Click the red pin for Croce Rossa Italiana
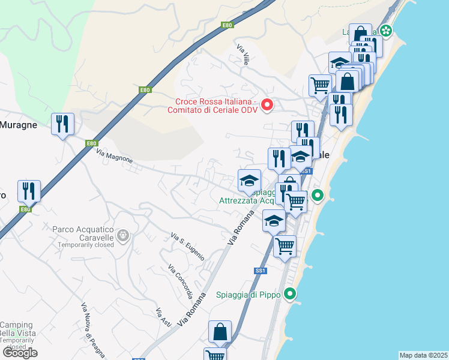tap(267, 105)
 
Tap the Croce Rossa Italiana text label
tap(217, 105)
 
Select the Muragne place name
tap(19, 125)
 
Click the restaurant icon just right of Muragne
tap(62, 124)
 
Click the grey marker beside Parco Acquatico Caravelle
tap(124, 235)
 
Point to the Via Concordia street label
tap(180, 281)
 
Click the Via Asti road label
tap(163, 317)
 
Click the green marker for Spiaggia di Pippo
tap(291, 294)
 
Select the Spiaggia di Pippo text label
tap(249, 295)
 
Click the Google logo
tap(19, 352)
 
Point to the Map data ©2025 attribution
tap(423, 355)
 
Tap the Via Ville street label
tap(243, 55)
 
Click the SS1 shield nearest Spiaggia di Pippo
tap(260, 271)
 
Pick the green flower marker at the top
tap(385, 30)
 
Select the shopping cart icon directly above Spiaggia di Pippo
tap(285, 245)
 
